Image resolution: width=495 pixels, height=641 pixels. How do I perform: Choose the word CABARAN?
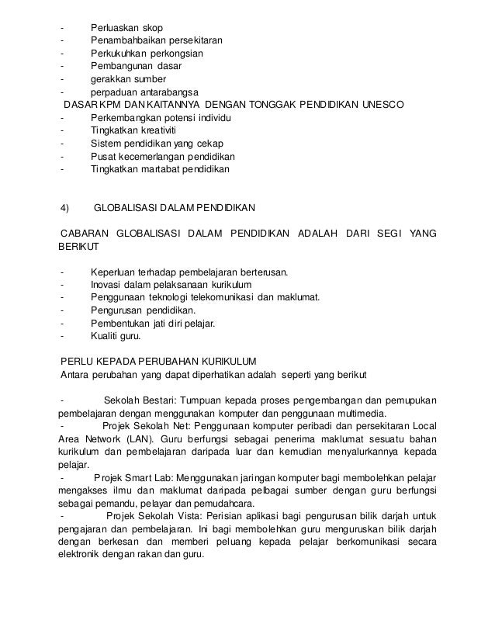(82, 234)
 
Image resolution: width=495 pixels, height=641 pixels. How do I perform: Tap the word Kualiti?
(106, 336)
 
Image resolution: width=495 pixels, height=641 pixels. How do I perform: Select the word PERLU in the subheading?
(78, 362)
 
